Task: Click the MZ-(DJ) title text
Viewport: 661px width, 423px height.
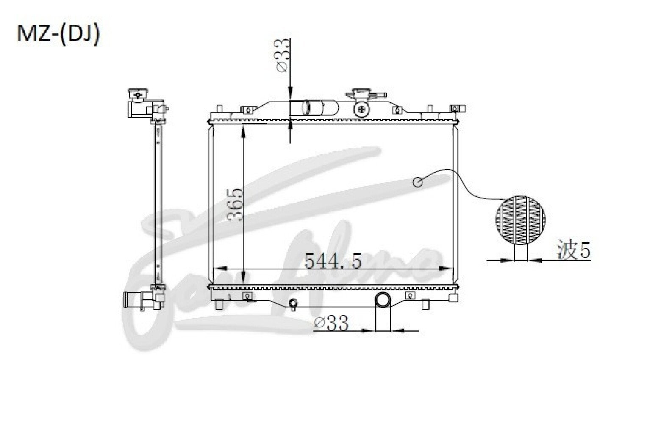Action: tap(58, 34)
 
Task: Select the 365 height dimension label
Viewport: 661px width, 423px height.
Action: tap(236, 204)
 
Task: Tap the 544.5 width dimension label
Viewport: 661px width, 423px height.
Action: tap(333, 261)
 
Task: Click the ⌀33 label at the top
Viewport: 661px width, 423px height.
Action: tap(282, 55)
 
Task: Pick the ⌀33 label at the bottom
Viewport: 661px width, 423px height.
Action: tap(331, 323)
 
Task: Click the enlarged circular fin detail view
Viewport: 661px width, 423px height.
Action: tap(520, 220)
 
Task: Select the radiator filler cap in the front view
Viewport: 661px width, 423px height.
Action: tap(366, 95)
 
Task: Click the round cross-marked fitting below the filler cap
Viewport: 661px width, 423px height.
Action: tap(361, 110)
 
